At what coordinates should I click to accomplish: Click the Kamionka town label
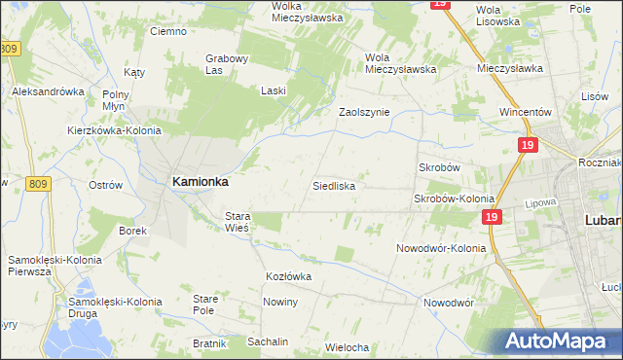click(201, 181)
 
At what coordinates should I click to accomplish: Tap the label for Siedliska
click(333, 185)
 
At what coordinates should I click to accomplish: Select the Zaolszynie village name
click(364, 112)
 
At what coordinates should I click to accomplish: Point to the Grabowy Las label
click(228, 63)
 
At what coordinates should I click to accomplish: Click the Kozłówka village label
click(288, 276)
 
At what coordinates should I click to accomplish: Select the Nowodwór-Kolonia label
click(441, 248)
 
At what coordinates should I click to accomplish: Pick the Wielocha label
click(348, 347)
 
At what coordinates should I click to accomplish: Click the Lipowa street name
click(566, 205)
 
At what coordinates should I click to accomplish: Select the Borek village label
click(132, 232)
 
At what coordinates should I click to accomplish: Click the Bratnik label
click(208, 343)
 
